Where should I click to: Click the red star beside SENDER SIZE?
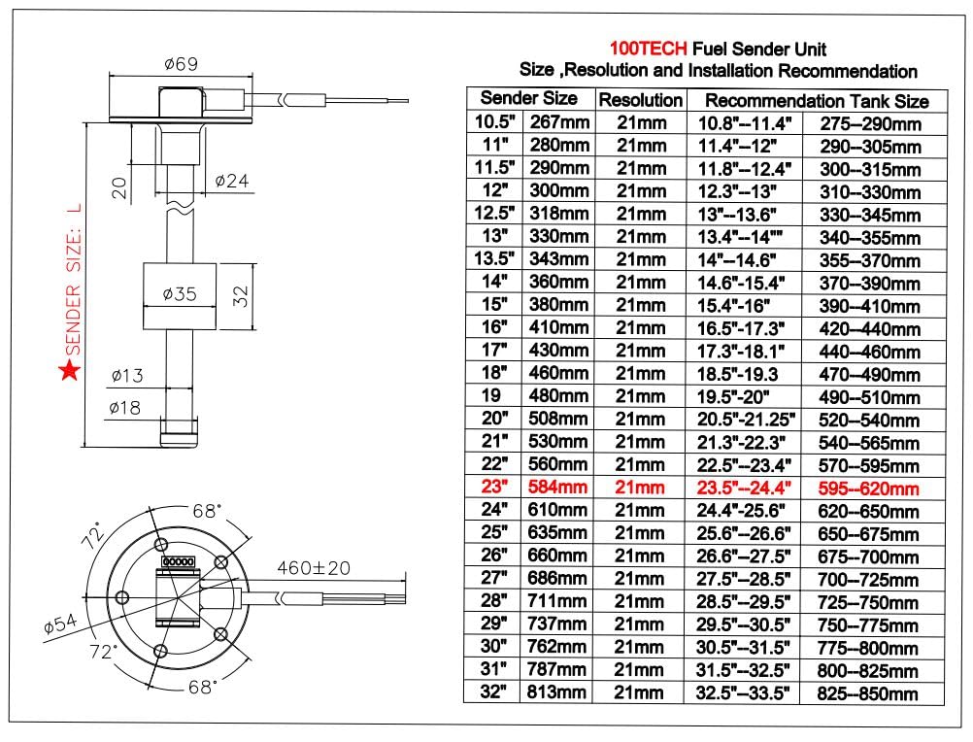69,371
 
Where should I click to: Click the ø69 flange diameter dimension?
182,64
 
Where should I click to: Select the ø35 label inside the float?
181,295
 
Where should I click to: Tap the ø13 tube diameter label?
128,374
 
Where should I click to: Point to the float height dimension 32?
245,291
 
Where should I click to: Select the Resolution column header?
640,100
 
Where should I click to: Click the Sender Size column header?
529,98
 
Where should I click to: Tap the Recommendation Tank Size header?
816,100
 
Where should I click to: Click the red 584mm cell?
558,487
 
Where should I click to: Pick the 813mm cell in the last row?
558,692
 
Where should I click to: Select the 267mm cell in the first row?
558,122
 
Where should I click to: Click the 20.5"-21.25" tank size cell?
747,420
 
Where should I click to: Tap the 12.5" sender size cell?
495,214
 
